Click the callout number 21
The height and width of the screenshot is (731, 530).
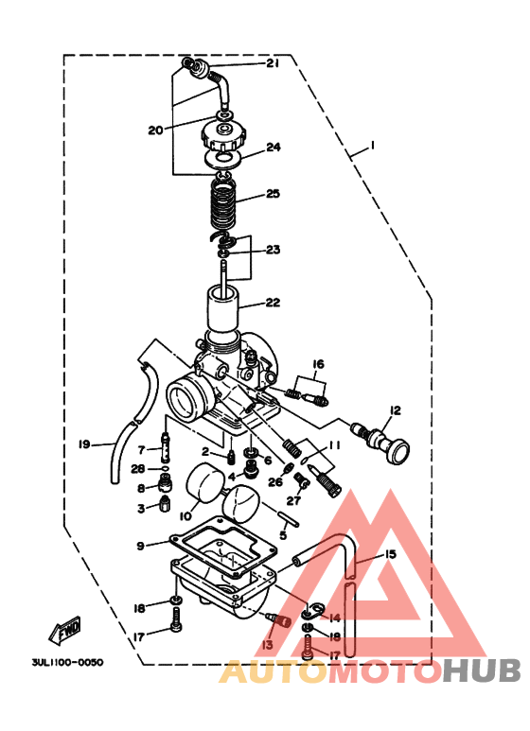(x=273, y=63)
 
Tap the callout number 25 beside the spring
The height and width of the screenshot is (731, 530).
(x=273, y=194)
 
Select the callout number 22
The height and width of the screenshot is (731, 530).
(x=273, y=303)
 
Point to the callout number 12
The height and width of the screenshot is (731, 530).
(x=395, y=409)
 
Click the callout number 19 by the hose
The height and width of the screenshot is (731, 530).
(x=83, y=443)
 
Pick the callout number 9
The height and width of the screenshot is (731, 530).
(x=140, y=546)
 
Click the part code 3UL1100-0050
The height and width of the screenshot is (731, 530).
(x=66, y=662)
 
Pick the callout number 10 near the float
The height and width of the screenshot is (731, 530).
(x=185, y=515)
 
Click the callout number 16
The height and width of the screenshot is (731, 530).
(x=318, y=364)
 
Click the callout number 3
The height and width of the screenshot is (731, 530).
(x=141, y=508)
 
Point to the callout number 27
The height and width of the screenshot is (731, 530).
(x=294, y=500)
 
